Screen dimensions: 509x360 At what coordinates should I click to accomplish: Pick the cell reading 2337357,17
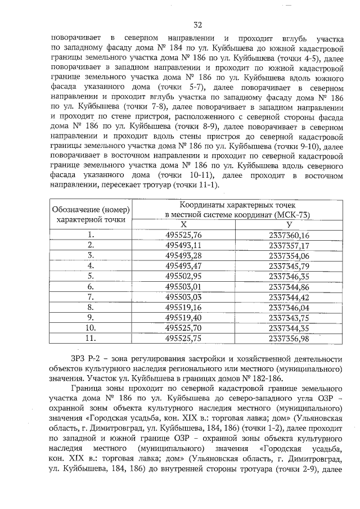coord(289,245)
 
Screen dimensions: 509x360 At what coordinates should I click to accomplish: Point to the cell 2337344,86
coord(289,286)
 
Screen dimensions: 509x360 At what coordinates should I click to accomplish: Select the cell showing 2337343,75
coord(289,317)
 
